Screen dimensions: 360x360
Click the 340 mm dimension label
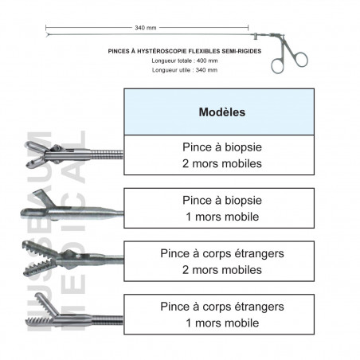point(146,28)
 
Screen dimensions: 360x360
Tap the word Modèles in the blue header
point(222,112)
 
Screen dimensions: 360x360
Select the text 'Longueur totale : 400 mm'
point(185,61)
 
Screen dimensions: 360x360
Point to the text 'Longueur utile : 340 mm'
point(185,70)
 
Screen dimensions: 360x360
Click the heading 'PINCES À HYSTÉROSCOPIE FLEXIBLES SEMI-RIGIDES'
point(185,51)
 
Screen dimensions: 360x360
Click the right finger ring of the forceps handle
point(301,60)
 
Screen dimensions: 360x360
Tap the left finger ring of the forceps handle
point(277,66)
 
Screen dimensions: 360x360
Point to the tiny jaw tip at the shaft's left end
point(47,34)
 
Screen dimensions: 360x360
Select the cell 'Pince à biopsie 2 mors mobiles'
point(219,155)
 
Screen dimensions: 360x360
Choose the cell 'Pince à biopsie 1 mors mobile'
point(219,208)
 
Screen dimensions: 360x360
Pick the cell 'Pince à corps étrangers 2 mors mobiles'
point(219,261)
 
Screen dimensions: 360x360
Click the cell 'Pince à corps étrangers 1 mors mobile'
point(219,315)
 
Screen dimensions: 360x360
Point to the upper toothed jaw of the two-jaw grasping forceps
point(39,249)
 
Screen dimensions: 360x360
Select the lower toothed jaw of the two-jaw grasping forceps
point(39,268)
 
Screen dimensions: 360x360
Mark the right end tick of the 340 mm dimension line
point(248,28)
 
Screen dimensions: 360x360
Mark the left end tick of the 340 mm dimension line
point(46,28)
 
